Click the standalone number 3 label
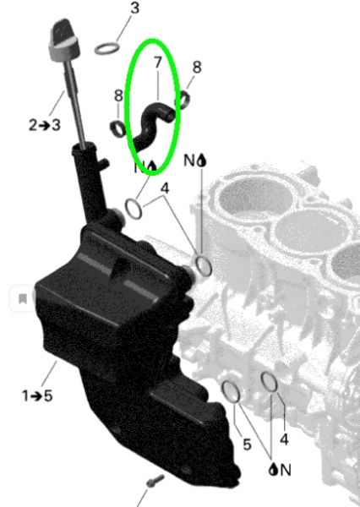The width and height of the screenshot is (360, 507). pos(135,8)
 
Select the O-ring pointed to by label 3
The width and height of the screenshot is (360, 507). pos(107,48)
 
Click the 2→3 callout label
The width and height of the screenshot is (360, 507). pos(45,125)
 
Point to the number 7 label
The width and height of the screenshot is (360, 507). pos(157,63)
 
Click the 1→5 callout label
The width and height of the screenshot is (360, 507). pos(37,395)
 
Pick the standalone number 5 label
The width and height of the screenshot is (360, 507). pos(247,444)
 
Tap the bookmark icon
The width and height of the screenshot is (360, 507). pos(22,298)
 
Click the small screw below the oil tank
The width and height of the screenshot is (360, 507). pos(155,481)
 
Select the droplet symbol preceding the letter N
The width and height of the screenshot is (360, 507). pos(273,469)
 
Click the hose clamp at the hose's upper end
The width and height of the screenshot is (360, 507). pos(183,100)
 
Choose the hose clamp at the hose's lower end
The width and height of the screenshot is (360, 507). pos(118,128)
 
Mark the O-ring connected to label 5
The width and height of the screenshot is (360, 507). pos(231,391)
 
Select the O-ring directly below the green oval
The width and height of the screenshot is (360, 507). pos(134,209)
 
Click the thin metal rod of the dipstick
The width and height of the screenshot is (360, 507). pos(74,103)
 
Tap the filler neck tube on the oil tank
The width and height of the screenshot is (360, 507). pos(89,184)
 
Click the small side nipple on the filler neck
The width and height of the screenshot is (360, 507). pos(104,164)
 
